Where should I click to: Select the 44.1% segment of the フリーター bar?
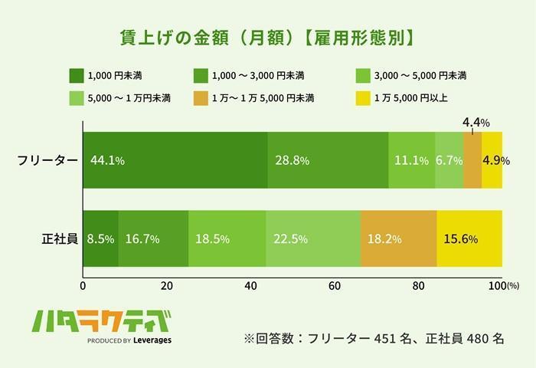click(175, 160)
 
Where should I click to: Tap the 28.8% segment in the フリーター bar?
click(328, 160)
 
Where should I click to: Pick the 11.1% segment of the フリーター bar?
click(411, 160)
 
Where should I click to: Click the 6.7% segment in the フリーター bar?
click(449, 160)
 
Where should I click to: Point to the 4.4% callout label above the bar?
click(476, 122)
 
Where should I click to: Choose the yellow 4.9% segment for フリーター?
click(492, 160)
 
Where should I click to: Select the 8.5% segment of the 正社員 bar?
click(100, 238)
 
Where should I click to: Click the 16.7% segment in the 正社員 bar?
click(153, 238)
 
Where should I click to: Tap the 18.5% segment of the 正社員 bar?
click(227, 238)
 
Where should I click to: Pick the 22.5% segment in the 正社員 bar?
click(313, 238)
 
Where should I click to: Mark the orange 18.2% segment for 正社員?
click(398, 238)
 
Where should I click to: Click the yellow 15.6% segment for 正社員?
click(469, 238)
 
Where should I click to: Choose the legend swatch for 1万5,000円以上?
click(364, 98)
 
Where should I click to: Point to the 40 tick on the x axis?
click(250, 285)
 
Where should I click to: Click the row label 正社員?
click(59, 238)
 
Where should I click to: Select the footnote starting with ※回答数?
click(374, 338)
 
